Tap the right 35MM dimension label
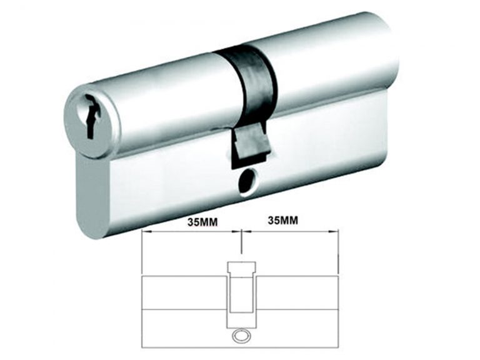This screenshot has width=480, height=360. tap(282, 221)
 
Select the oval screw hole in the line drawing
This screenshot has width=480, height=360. tap(239, 336)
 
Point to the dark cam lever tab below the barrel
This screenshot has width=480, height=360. tap(250, 142)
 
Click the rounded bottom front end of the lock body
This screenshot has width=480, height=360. tap(87, 206)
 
